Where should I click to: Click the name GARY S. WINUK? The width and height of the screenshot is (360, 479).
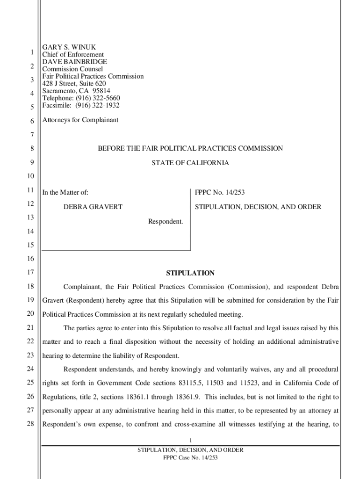pyautogui.click(x=69, y=47)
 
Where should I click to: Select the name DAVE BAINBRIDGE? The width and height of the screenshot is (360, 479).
pyautogui.click(x=75, y=62)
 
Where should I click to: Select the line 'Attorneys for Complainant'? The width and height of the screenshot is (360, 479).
pyautogui.click(x=80, y=120)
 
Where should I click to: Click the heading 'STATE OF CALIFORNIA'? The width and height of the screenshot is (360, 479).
pyautogui.click(x=190, y=163)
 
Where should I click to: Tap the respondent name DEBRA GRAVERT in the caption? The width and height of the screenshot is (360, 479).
pyautogui.click(x=93, y=207)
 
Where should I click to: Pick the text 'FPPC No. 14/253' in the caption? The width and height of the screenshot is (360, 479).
pyautogui.click(x=220, y=192)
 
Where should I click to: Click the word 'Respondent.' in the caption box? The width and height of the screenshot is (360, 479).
pyautogui.click(x=166, y=221)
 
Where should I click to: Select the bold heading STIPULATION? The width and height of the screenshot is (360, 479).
pyautogui.click(x=190, y=273)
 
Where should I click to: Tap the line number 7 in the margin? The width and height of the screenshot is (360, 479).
pyautogui.click(x=31, y=135)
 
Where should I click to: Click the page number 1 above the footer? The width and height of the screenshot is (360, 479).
pyautogui.click(x=190, y=440)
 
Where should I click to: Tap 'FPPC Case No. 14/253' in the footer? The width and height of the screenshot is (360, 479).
pyautogui.click(x=190, y=457)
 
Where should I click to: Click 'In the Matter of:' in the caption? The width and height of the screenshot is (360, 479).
pyautogui.click(x=65, y=192)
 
